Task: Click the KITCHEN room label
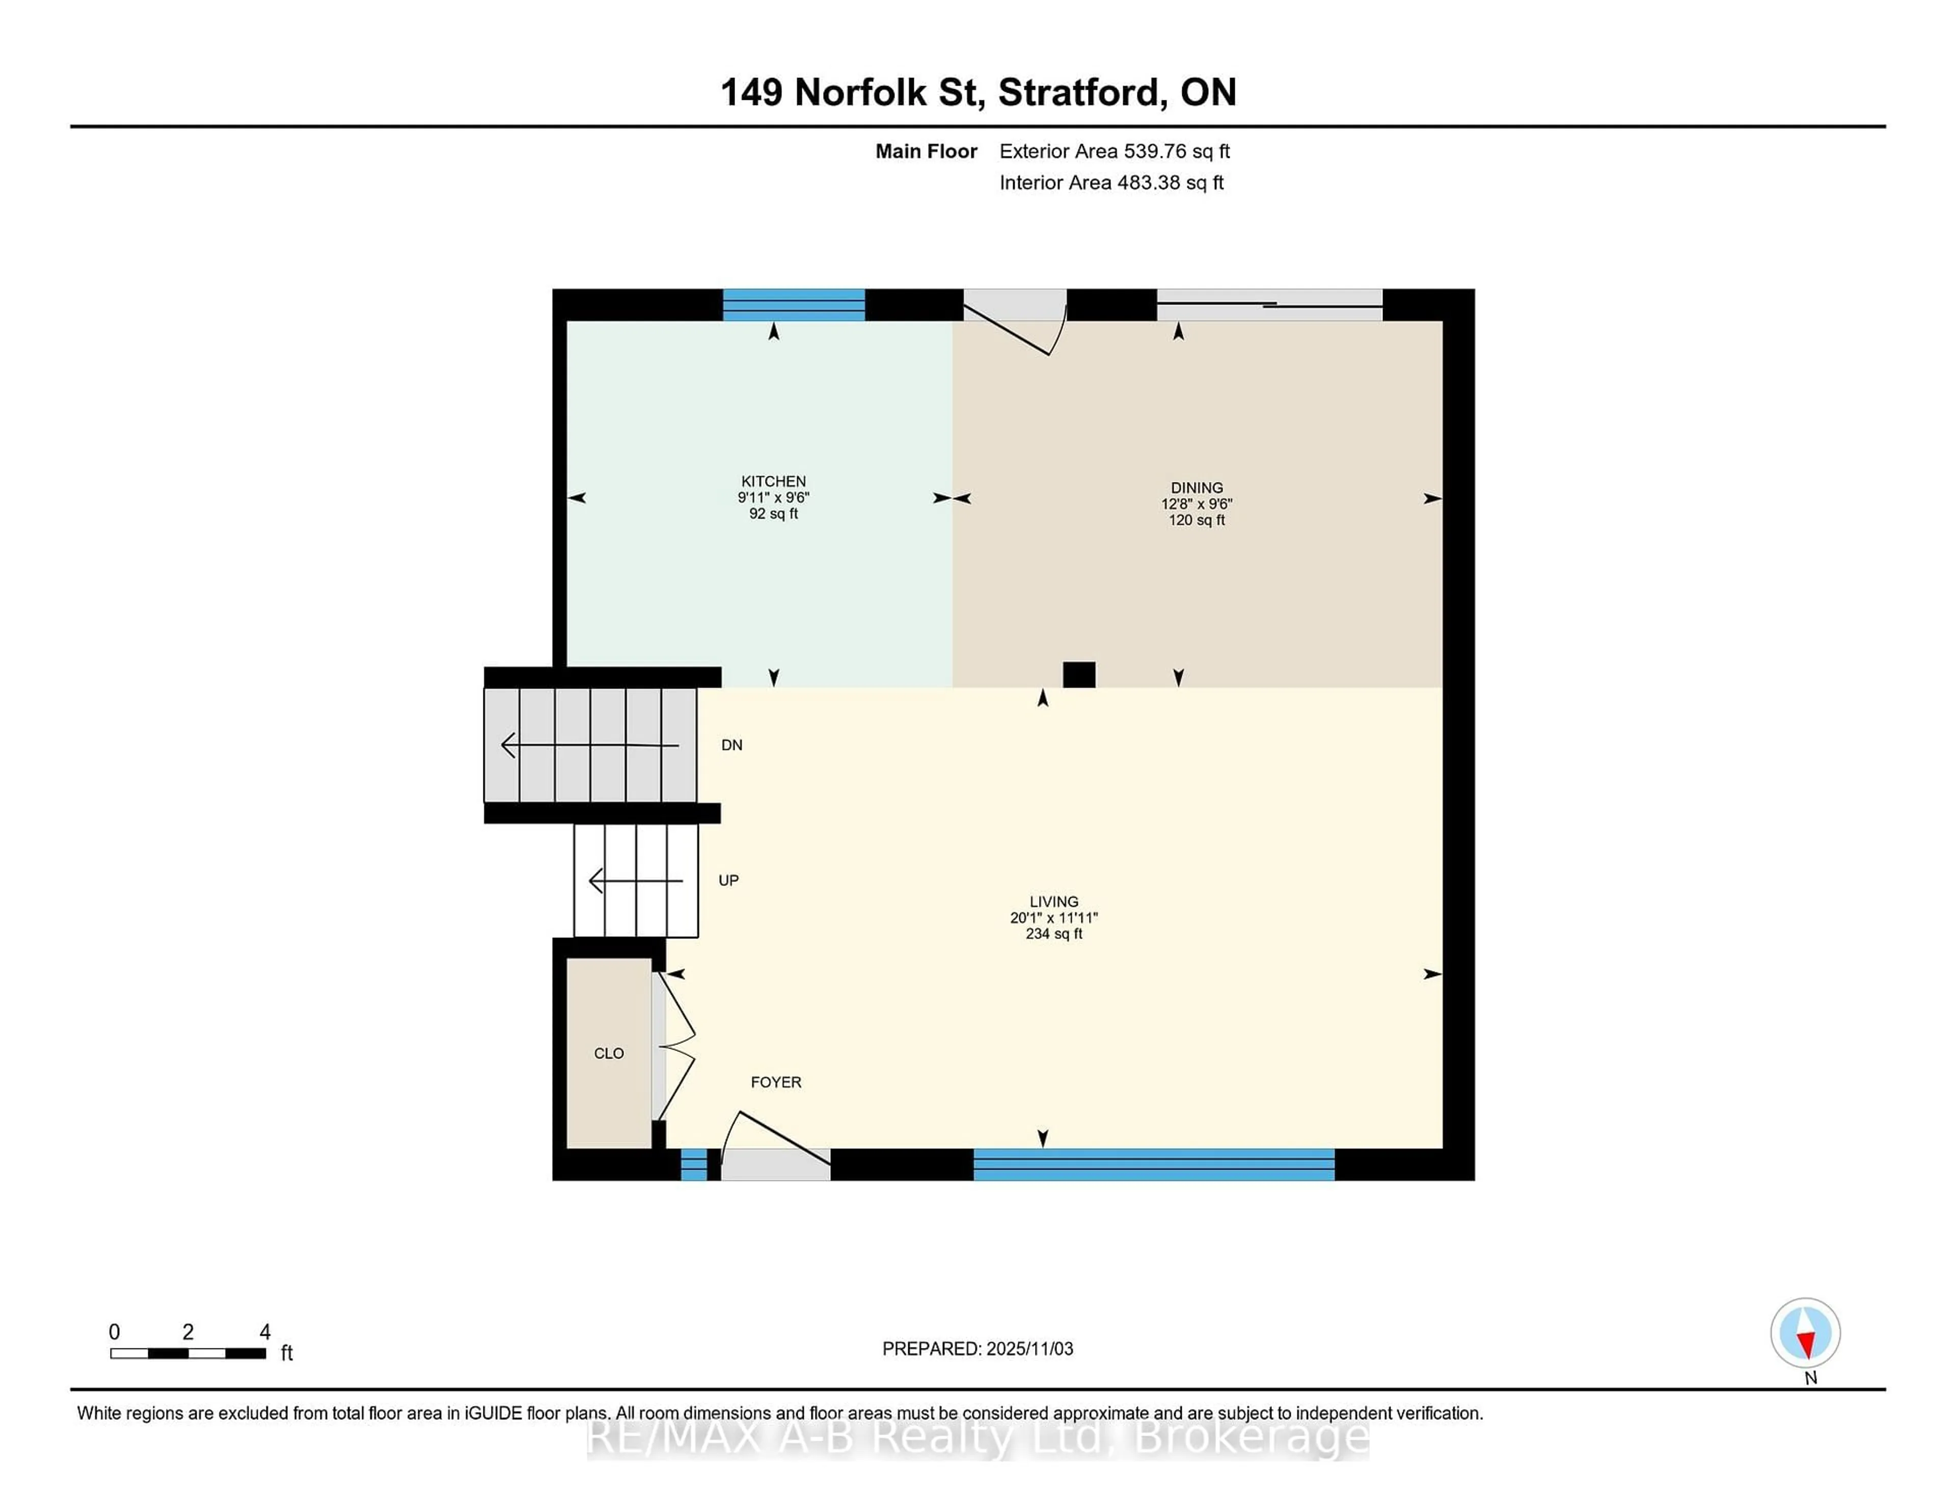(x=773, y=481)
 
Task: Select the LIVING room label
(x=1053, y=901)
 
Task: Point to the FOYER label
(x=776, y=1082)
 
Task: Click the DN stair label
(x=731, y=745)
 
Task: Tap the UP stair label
(x=728, y=880)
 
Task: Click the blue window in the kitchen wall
(x=794, y=305)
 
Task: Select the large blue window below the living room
(x=1154, y=1165)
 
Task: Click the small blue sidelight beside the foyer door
(x=693, y=1165)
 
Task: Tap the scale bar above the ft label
(x=188, y=1354)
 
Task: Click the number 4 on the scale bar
(x=265, y=1332)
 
